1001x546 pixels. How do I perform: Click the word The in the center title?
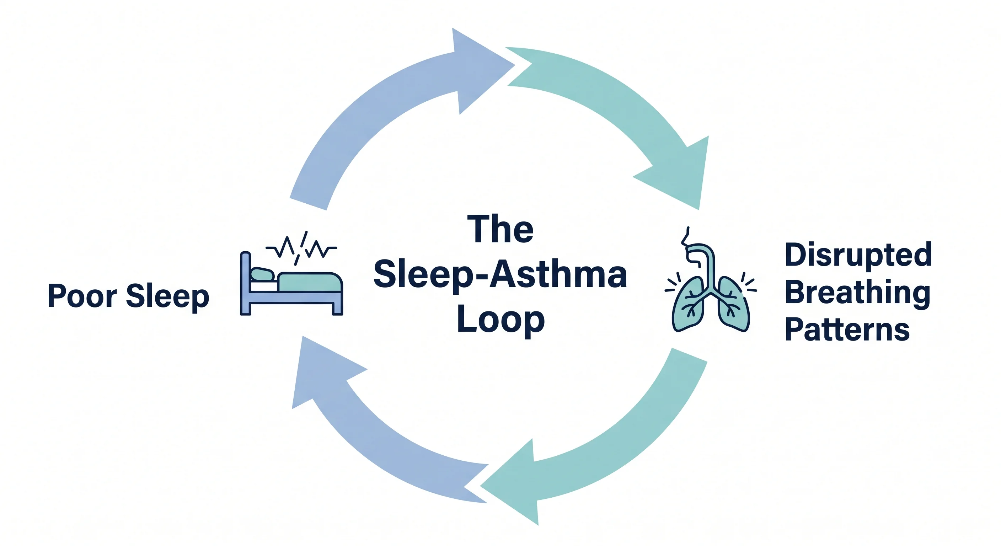pyautogui.click(x=500, y=229)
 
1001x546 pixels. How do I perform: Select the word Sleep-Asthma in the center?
pyautogui.click(x=500, y=275)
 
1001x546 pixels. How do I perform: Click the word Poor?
pyautogui.click(x=82, y=296)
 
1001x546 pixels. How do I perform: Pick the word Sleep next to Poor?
pyautogui.click(x=167, y=297)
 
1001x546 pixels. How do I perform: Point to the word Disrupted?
pyautogui.click(x=858, y=255)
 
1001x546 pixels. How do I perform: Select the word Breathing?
pyautogui.click(x=857, y=293)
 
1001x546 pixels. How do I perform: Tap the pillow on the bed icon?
pyautogui.click(x=263, y=274)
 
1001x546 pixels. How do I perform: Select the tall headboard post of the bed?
pyautogui.click(x=246, y=283)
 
